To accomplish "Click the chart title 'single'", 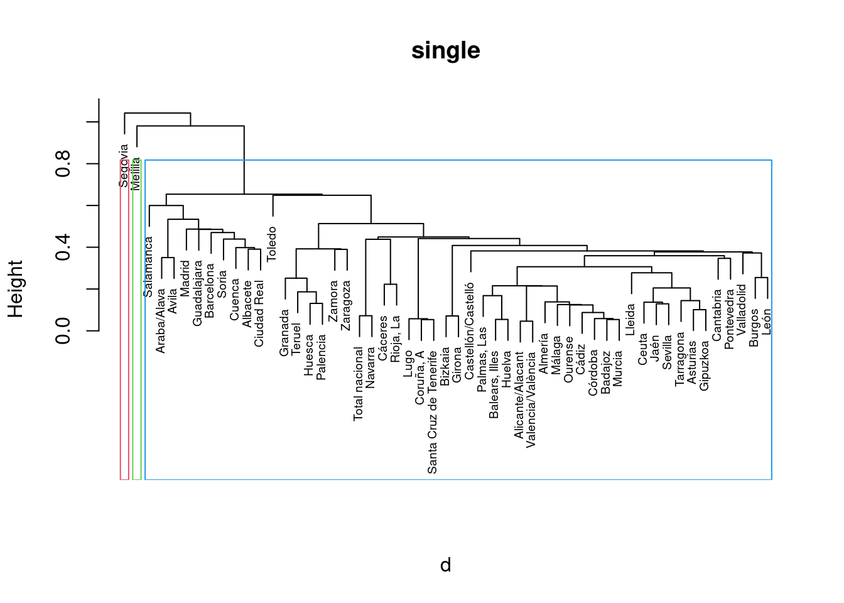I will pyautogui.click(x=445, y=51).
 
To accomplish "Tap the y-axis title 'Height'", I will pyautogui.click(x=16, y=289).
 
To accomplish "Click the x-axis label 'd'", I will pyautogui.click(x=445, y=565).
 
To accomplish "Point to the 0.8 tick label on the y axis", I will pyautogui.click(x=63, y=163).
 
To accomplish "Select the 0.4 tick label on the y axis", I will pyautogui.click(x=63, y=247).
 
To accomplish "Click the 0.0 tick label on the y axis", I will pyautogui.click(x=63, y=330).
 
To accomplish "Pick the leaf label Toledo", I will pyautogui.click(x=272, y=244).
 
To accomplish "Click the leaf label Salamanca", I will pyautogui.click(x=148, y=266).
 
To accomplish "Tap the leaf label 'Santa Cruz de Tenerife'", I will pyautogui.click(x=433, y=412).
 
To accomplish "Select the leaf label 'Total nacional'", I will pyautogui.click(x=359, y=384).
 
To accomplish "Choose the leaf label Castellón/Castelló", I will pyautogui.click(x=470, y=331).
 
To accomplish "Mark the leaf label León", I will pyautogui.click(x=767, y=321).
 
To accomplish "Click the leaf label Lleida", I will pyautogui.click(x=631, y=320).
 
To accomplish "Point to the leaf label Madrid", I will pyautogui.click(x=185, y=279).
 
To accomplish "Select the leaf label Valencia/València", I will pyautogui.click(x=531, y=399).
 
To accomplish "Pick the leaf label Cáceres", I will pyautogui.click(x=383, y=338).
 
